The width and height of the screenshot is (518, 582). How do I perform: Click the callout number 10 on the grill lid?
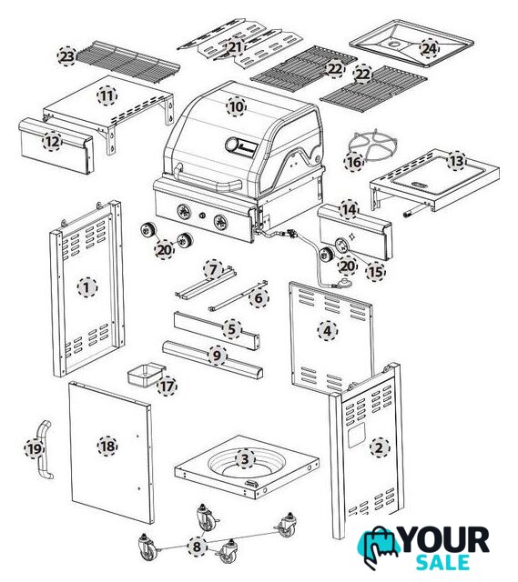pos(237,107)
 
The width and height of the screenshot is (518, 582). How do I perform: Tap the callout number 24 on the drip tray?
pos(429,48)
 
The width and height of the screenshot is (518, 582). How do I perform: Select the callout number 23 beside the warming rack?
pos(67,56)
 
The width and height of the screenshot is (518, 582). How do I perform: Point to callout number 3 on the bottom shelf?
pos(245,459)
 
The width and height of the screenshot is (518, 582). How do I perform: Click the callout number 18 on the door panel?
pos(107,446)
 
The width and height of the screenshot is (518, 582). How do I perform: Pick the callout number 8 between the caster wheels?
pos(197,546)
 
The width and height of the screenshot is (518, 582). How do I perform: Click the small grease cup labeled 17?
pos(147,376)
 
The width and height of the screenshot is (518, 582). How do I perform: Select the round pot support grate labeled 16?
pos(373,145)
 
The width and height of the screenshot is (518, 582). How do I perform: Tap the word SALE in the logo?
pos(442,562)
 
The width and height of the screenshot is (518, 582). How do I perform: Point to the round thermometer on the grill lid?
pos(234,145)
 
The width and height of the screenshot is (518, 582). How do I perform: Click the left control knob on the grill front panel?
pos(184,212)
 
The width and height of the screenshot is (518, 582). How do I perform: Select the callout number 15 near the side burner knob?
pos(375,272)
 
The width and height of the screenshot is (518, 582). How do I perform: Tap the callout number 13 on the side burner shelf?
pos(457,161)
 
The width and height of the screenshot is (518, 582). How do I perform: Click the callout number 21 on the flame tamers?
pos(235,47)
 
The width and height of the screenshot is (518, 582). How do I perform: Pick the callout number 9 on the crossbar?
pos(217,356)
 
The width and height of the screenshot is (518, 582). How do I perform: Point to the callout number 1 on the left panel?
pos(87,287)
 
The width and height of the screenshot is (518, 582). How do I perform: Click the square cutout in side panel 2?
pos(357,435)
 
